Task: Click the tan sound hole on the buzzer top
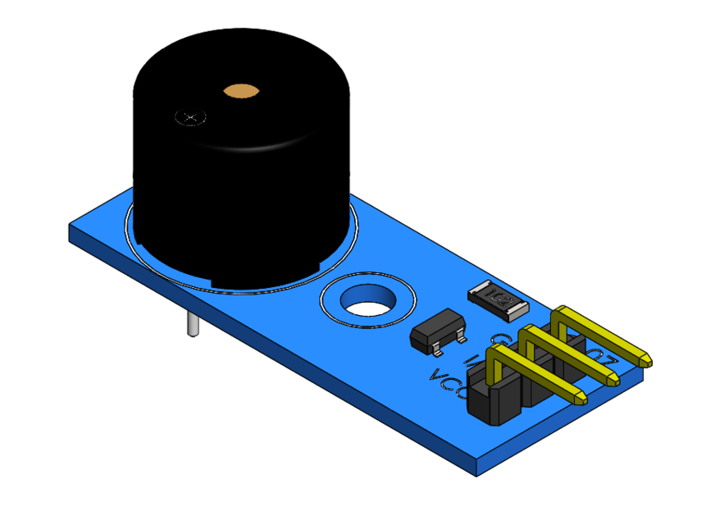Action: click(x=241, y=90)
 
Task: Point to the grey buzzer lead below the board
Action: click(x=191, y=325)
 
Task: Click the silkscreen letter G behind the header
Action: click(x=497, y=338)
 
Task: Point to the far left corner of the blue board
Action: click(x=71, y=231)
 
